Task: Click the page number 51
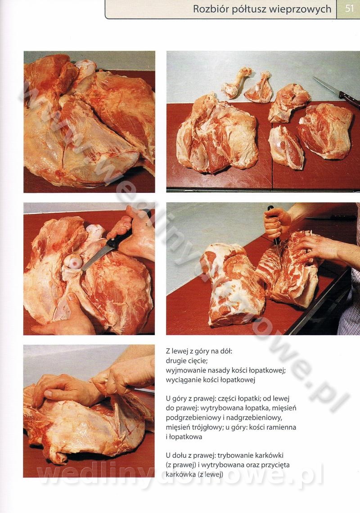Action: point(350,9)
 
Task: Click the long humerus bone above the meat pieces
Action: point(237,83)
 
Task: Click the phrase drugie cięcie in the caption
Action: point(187,361)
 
